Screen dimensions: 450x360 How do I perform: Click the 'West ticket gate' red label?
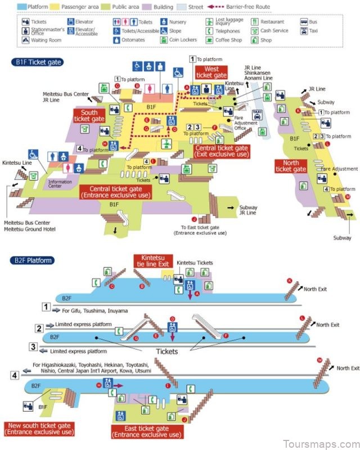click(x=211, y=71)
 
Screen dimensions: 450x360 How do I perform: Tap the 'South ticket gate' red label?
click(x=89, y=116)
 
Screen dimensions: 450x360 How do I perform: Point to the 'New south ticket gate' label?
click(x=38, y=429)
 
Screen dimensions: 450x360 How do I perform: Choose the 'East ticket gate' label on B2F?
click(x=146, y=431)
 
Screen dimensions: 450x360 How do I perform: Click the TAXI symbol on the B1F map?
click(x=257, y=113)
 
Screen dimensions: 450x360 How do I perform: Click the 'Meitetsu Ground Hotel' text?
click(x=30, y=229)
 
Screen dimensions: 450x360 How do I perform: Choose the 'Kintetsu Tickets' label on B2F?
click(x=195, y=263)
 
